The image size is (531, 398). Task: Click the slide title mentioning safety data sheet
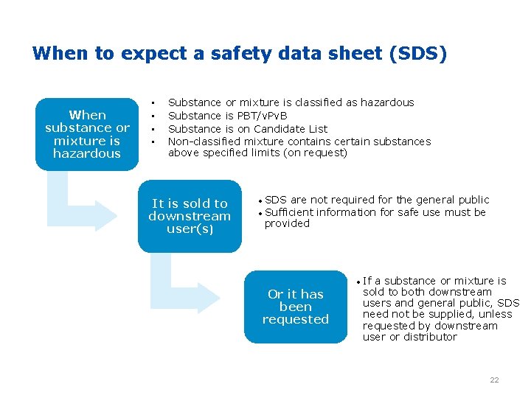pyautogui.click(x=239, y=54)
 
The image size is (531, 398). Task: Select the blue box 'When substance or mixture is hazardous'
pyautogui.click(x=86, y=134)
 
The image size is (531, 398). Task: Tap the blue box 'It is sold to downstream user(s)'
pyautogui.click(x=190, y=216)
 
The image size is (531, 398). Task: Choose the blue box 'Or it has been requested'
pyautogui.click(x=295, y=307)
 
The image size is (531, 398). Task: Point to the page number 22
pyautogui.click(x=494, y=380)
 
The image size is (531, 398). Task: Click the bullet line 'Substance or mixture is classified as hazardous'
pyautogui.click(x=291, y=102)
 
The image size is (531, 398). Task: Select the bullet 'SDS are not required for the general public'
pyautogui.click(x=376, y=200)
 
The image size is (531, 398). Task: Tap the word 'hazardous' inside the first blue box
pyautogui.click(x=86, y=154)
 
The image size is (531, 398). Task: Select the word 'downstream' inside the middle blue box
pyautogui.click(x=190, y=216)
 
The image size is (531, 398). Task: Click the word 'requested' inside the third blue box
pyautogui.click(x=295, y=320)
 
